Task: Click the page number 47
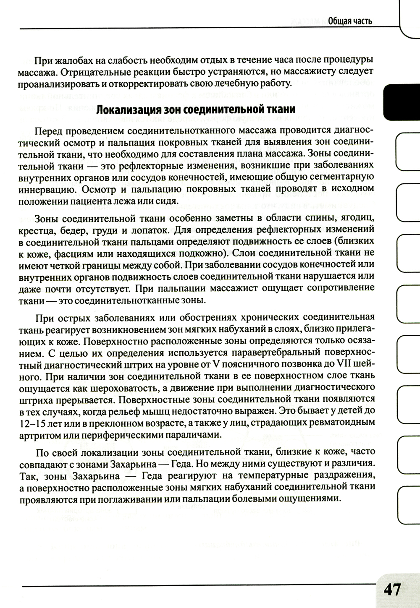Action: point(391,590)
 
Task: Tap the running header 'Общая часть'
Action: point(349,21)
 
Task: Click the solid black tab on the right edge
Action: point(402,101)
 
